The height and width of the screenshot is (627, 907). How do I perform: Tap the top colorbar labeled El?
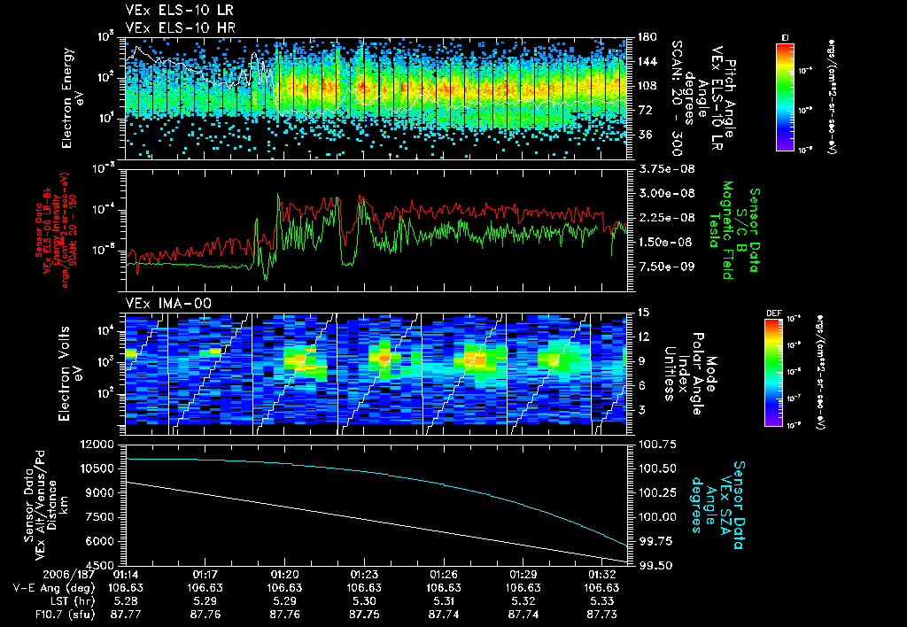coord(785,95)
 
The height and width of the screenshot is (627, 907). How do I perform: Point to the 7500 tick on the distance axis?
coord(105,516)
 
